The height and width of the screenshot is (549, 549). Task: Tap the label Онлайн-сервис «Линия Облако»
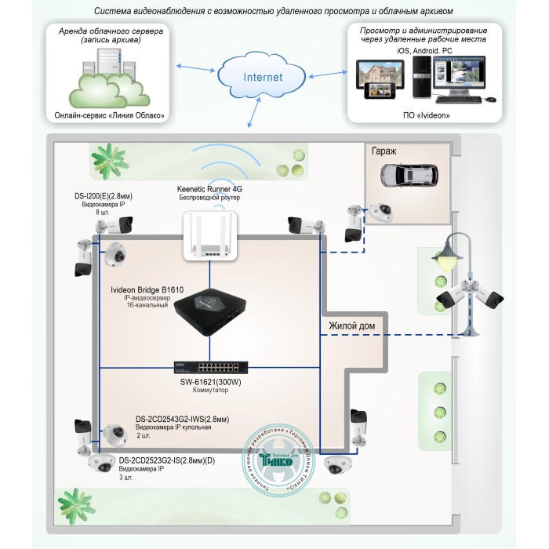(x=110, y=115)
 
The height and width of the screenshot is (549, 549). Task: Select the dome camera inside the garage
(x=381, y=212)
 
